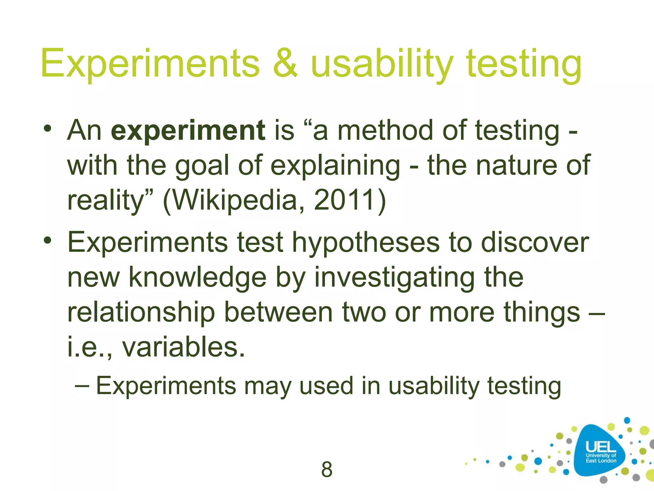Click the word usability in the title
(x=382, y=64)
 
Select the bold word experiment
(x=188, y=131)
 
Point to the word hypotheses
(x=366, y=243)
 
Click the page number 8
(x=327, y=470)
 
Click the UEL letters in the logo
(x=601, y=447)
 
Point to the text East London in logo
(x=601, y=461)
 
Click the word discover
(x=535, y=243)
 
